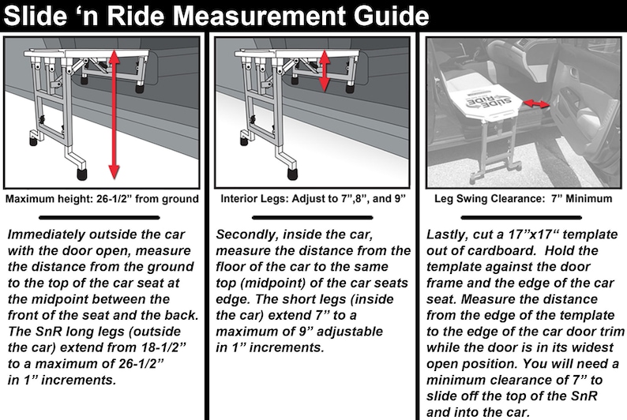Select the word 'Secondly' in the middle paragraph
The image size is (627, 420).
[x=250, y=234]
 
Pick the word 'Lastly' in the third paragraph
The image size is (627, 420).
[x=447, y=234]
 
